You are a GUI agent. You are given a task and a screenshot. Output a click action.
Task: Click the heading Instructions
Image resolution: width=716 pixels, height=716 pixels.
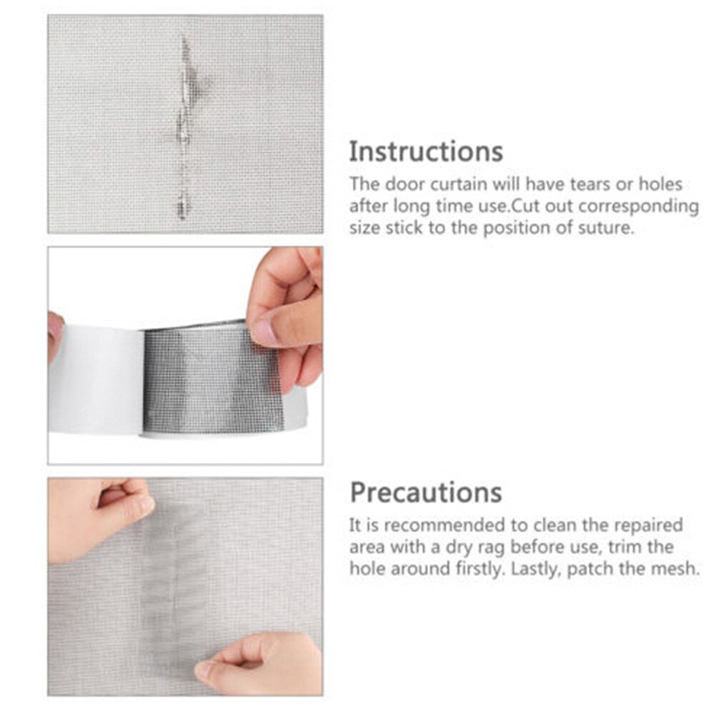(x=425, y=152)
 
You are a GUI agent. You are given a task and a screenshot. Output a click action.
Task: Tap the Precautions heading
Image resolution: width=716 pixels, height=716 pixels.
(x=425, y=492)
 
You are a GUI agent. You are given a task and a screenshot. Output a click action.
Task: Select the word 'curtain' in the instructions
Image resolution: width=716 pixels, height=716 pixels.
(x=454, y=184)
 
